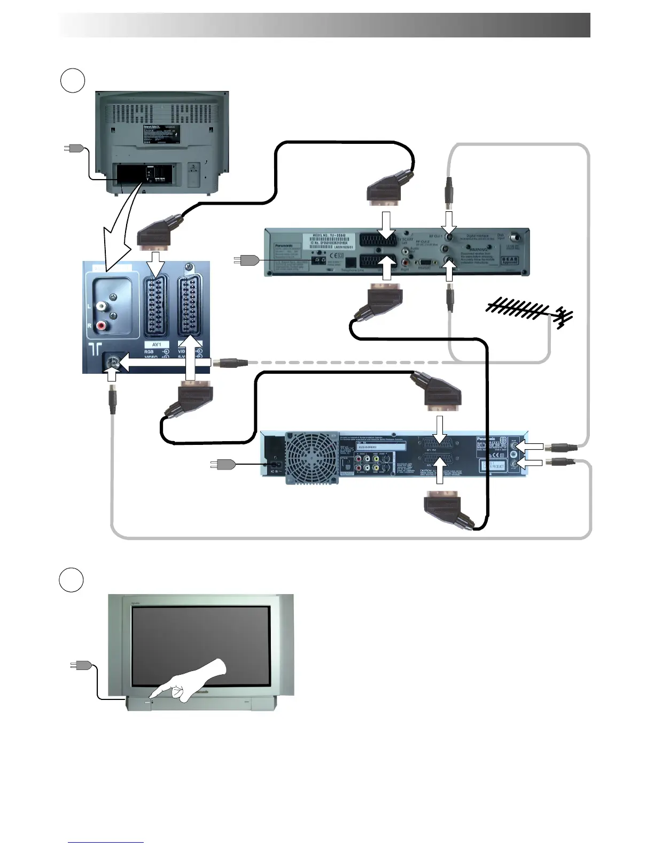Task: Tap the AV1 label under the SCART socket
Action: pyautogui.click(x=157, y=345)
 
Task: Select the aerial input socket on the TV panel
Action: pyautogui.click(x=112, y=363)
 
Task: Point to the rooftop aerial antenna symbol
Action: pyautogui.click(x=529, y=313)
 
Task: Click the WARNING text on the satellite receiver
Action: pyautogui.click(x=478, y=249)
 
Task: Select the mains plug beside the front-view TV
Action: pyautogui.click(x=80, y=665)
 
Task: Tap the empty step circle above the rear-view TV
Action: pyautogui.click(x=72, y=80)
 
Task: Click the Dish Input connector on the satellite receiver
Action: pyautogui.click(x=517, y=237)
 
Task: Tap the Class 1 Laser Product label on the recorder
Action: pyautogui.click(x=492, y=466)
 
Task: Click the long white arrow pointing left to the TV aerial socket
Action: pyautogui.click(x=166, y=363)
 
